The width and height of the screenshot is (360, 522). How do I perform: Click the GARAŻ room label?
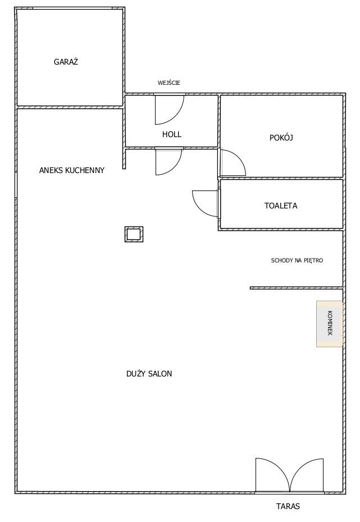point(66,62)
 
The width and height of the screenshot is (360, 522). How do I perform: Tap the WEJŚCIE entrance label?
point(168,83)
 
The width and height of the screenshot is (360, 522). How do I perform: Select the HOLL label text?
point(172,134)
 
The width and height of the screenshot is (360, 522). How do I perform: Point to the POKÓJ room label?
point(281,138)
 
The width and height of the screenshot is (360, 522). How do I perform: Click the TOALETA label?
point(281,206)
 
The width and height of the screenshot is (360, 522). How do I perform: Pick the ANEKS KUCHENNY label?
point(72,170)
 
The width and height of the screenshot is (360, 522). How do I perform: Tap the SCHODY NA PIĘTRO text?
point(297,260)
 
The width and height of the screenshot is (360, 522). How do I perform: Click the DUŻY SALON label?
point(149,374)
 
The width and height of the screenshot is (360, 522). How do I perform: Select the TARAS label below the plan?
point(288,506)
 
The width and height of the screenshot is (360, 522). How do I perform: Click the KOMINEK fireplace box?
point(329,324)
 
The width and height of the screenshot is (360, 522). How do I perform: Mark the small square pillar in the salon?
point(134,234)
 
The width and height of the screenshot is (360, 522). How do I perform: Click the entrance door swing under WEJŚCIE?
point(170,110)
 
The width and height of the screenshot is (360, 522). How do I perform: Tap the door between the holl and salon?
point(168,161)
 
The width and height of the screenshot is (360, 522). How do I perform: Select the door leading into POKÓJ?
point(233,162)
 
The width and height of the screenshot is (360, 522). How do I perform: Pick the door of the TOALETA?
point(206,203)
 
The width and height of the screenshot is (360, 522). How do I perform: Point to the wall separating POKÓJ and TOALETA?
point(281,179)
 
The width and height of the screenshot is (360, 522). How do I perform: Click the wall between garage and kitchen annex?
point(70,107)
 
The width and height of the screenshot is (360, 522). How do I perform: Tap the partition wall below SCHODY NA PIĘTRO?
point(297,288)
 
